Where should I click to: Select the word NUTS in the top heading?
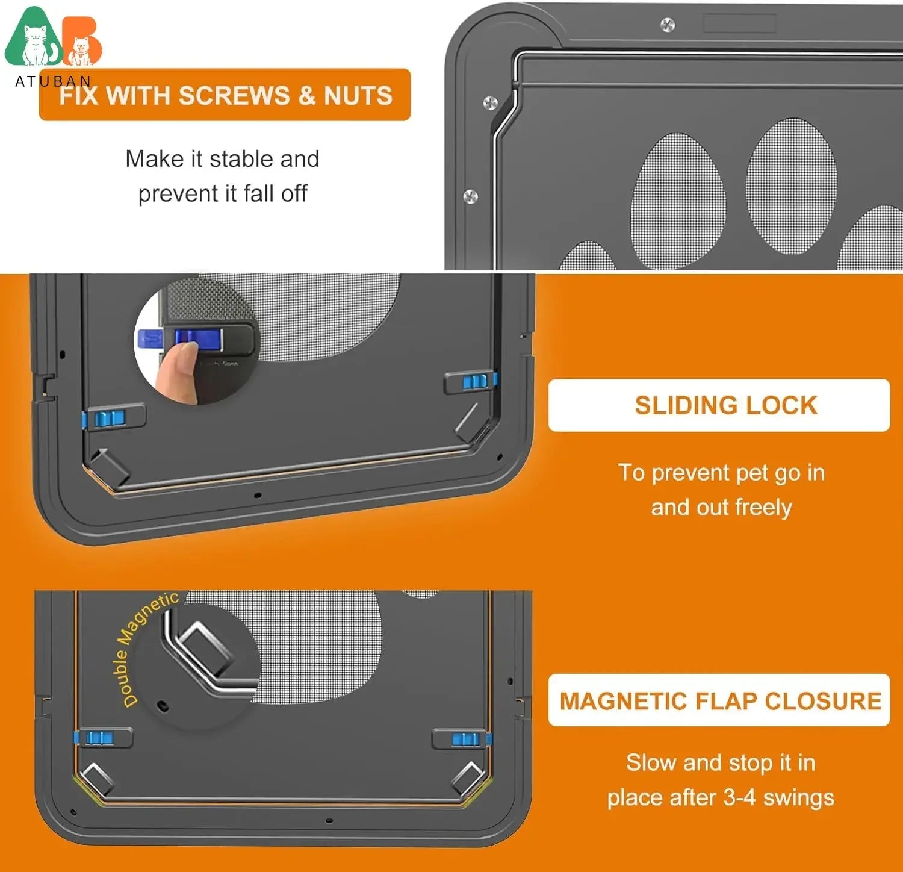point(358,96)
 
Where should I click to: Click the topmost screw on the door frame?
point(667,25)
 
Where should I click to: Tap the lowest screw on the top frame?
point(470,196)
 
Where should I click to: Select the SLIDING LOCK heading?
point(725,405)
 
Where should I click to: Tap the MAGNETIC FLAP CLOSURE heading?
point(720,701)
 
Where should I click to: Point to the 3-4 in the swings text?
point(739,797)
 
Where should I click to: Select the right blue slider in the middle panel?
point(475,381)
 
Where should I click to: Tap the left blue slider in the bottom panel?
point(99,738)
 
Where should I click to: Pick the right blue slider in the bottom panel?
point(467,739)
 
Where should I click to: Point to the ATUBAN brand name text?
point(53,81)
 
